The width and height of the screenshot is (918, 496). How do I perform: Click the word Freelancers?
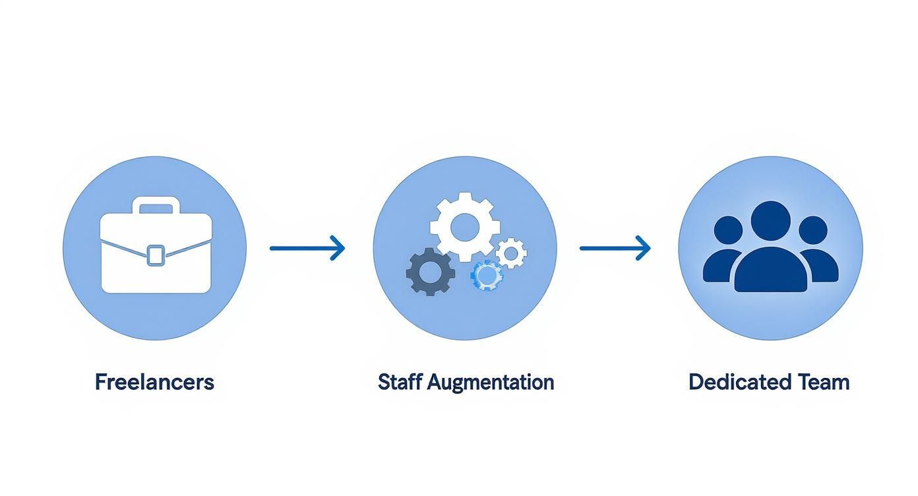[154, 382]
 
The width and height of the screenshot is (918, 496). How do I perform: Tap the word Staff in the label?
[400, 382]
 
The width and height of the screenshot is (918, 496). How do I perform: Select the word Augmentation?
[491, 383]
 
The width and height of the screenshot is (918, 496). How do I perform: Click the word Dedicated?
[731, 382]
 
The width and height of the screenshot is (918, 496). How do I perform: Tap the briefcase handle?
[156, 205]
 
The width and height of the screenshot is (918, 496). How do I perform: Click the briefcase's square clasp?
[156, 255]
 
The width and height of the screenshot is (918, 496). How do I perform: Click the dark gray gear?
[430, 271]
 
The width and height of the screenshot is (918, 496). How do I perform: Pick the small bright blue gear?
[487, 275]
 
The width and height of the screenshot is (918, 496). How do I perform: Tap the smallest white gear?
[511, 253]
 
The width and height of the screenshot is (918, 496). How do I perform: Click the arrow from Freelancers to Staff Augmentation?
[307, 248]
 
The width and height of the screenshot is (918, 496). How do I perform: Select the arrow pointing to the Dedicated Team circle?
[615, 248]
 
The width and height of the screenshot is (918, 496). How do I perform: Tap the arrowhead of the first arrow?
[339, 248]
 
